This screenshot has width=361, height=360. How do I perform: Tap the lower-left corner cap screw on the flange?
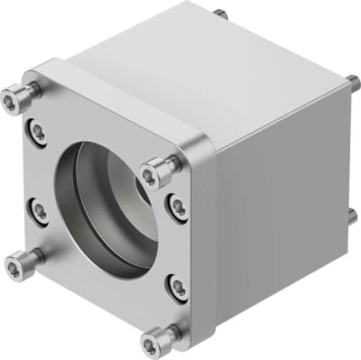click(17, 264)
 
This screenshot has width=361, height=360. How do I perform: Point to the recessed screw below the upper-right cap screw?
click(177, 207)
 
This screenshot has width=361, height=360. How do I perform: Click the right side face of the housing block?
click(280, 217)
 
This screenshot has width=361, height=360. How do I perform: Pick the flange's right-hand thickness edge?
click(207, 253)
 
